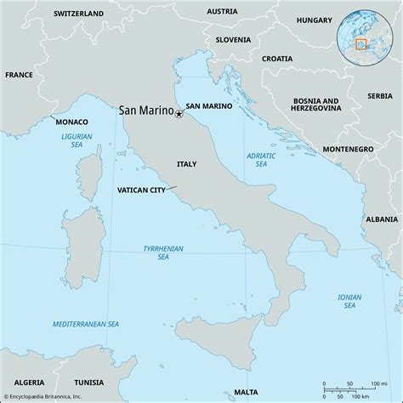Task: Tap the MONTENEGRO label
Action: click(348, 149)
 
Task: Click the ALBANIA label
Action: click(381, 219)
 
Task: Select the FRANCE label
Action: click(18, 75)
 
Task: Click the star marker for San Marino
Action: click(179, 114)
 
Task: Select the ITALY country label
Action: click(187, 162)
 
